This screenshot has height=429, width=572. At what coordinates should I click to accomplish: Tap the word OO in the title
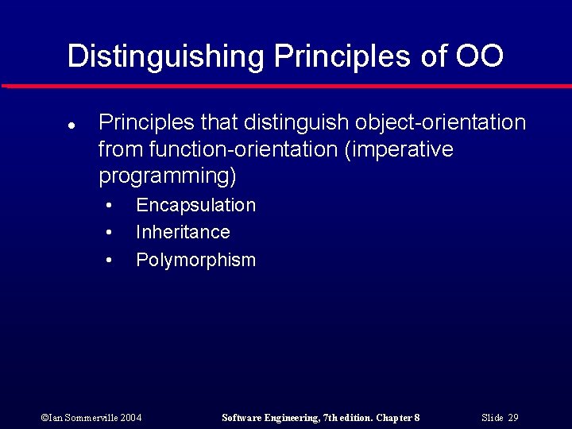tap(479, 56)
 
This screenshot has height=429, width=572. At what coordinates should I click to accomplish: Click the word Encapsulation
tap(195, 205)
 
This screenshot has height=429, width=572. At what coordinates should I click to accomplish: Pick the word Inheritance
tap(183, 232)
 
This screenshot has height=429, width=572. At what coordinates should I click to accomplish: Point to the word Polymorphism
tap(195, 260)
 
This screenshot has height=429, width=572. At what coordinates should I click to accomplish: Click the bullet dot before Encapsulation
tap(109, 206)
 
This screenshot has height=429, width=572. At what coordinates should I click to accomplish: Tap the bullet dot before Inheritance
tap(109, 233)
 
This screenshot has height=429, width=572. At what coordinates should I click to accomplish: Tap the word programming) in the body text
tap(168, 176)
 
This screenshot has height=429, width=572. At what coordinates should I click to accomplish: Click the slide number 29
tap(512, 418)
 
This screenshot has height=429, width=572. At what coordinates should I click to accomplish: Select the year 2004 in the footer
tap(130, 418)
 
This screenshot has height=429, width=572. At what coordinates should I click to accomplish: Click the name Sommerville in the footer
tap(87, 418)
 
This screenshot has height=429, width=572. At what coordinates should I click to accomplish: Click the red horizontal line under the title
tap(286, 86)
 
